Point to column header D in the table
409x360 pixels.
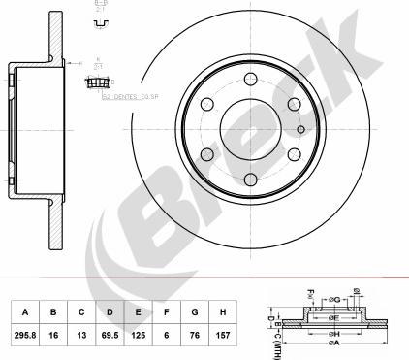[111, 312]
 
